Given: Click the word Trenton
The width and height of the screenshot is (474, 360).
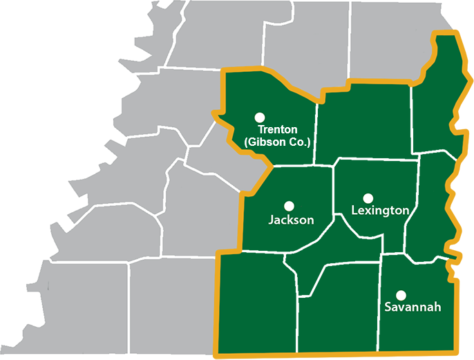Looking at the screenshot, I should point(277,129).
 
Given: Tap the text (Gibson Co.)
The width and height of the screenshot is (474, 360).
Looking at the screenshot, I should point(277,142).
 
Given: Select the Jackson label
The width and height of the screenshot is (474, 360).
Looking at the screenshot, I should point(291,220).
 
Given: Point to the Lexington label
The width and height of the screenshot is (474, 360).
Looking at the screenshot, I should point(380,210).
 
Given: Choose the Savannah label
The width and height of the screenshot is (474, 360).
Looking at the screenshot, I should point(413,307).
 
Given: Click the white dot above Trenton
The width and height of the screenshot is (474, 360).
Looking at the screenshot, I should point(260,117).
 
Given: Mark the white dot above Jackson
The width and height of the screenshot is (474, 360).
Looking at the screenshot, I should point(290,206).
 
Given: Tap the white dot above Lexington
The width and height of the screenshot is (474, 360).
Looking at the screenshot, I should point(368,198).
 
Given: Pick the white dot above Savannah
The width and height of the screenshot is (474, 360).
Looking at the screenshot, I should point(401,294).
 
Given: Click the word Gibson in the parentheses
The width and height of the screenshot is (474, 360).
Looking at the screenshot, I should point(269,142).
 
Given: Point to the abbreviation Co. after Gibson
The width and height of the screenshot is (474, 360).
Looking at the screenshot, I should point(300,142).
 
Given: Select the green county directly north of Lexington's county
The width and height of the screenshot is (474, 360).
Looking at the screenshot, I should point(363,124).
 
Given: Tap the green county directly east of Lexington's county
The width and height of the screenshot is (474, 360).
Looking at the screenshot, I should point(430,207).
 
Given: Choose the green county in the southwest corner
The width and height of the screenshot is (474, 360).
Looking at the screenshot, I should point(256,304).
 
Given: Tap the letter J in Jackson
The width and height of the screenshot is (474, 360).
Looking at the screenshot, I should point(271,220).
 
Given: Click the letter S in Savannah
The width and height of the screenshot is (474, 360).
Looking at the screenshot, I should point(388,307).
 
